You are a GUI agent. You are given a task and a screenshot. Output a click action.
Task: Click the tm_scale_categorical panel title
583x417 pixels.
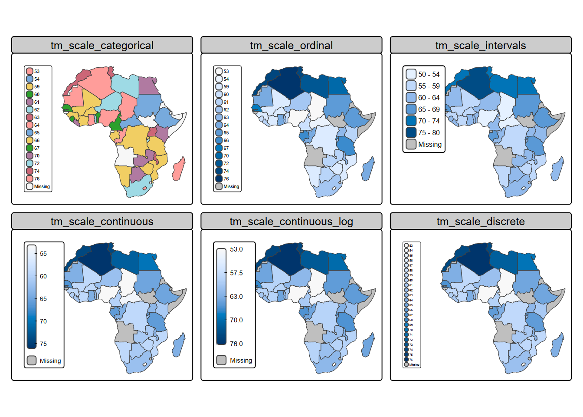pyautogui.click(x=102, y=45)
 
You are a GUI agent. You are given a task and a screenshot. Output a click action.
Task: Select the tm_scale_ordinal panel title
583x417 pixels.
pyautogui.click(x=291, y=45)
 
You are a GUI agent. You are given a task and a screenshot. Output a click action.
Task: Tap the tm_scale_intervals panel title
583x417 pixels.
pyautogui.click(x=481, y=45)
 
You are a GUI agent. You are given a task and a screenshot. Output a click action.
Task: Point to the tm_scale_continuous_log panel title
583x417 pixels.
pyautogui.click(x=291, y=222)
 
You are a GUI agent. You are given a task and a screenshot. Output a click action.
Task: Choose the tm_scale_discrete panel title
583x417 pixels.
pyautogui.click(x=481, y=222)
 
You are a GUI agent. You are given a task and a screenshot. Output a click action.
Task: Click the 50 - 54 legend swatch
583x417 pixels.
pyautogui.click(x=411, y=74)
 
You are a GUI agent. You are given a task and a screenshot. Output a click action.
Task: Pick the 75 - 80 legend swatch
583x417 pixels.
pyautogui.click(x=411, y=132)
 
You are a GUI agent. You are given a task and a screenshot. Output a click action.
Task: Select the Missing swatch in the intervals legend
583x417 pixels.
pyautogui.click(x=411, y=144)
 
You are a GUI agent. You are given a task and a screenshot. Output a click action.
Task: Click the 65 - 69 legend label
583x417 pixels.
pyautogui.click(x=429, y=109)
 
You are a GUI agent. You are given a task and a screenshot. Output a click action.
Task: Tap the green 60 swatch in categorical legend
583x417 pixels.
pyautogui.click(x=29, y=94)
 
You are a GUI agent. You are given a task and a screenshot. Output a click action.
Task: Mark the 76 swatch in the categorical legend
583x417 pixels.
pyautogui.click(x=29, y=179)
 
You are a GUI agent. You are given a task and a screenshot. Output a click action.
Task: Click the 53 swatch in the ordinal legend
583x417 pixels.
pyautogui.click(x=219, y=71)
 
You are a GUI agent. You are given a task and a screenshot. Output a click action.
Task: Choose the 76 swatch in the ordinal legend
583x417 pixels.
pyautogui.click(x=219, y=179)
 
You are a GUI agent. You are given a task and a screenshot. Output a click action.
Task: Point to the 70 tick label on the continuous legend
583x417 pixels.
pyautogui.click(x=43, y=321)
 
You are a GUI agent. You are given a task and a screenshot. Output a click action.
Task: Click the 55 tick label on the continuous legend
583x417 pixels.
pyautogui.click(x=43, y=254)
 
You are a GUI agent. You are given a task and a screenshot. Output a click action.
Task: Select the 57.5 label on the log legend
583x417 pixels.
pyautogui.click(x=236, y=273)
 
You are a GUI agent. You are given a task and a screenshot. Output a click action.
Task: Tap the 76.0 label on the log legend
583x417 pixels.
pyautogui.click(x=236, y=344)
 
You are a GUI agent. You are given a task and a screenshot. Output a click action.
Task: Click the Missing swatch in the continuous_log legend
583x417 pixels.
pyautogui.click(x=221, y=360)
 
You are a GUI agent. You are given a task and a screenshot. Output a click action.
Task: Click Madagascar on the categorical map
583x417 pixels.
pyautogui.click(x=178, y=169)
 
